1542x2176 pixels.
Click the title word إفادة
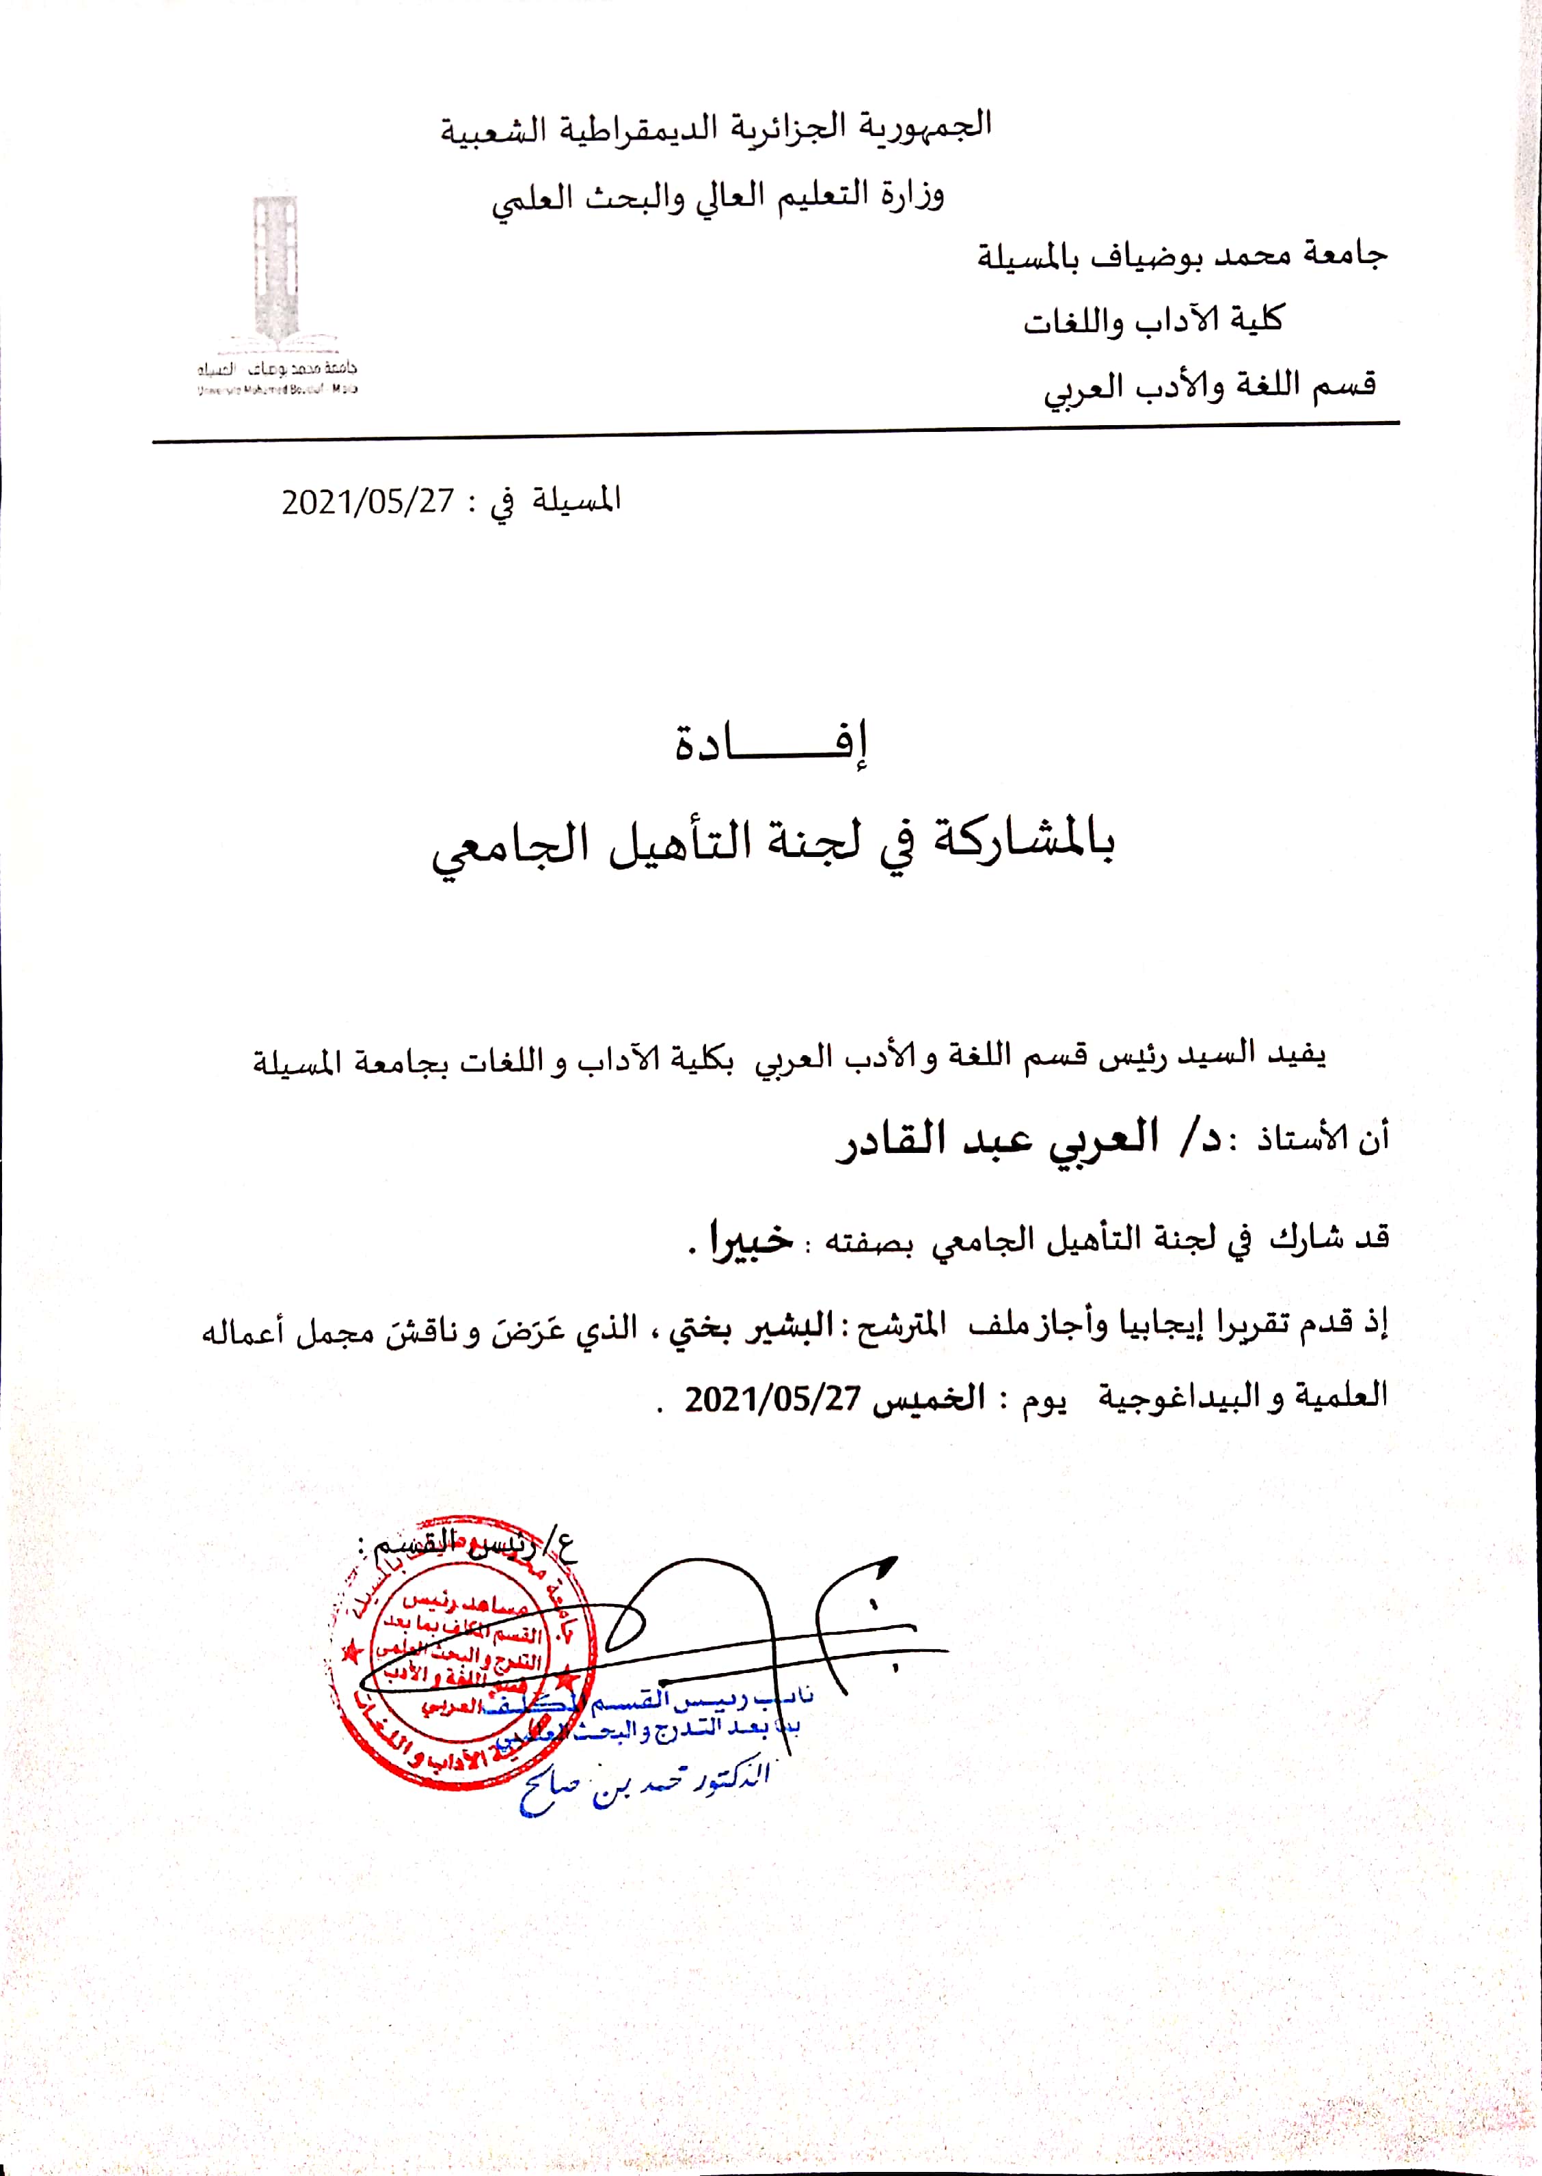770,744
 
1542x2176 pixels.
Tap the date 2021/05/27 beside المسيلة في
368,501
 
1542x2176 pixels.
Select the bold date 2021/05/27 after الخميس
773,1398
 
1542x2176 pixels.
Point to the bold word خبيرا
751,1240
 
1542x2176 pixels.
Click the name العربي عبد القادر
997,1139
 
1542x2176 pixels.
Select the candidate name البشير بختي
751,1328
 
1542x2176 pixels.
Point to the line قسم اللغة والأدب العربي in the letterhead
1210,386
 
